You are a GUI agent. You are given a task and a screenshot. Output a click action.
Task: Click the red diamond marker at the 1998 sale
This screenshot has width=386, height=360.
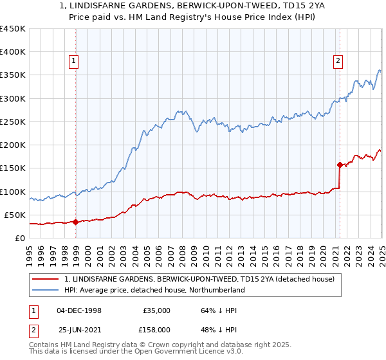pos(75,222)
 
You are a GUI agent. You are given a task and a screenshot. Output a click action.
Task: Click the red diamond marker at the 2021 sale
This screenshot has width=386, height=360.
pos(340,165)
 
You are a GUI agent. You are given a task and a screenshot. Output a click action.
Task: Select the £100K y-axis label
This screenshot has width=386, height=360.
pos(14,192)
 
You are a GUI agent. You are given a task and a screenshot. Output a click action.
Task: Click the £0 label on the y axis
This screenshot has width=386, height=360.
pos(19,238)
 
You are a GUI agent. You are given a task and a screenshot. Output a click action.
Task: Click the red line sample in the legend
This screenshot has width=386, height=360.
pos(45,280)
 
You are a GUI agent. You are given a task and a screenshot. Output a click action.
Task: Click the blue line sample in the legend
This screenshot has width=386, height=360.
pos(45,291)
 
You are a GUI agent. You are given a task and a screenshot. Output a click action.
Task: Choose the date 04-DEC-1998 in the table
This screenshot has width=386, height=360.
pos(79,310)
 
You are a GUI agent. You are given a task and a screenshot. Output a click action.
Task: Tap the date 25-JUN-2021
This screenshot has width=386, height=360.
pos(79,330)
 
